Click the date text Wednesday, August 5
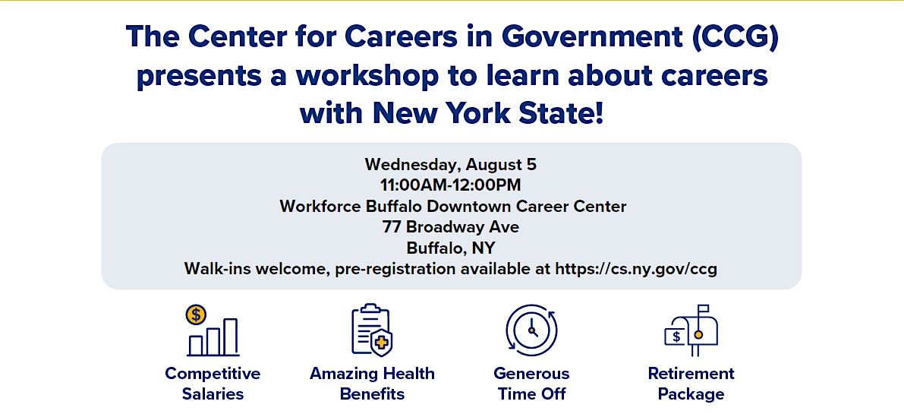(x=450, y=165)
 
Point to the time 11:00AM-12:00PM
(x=450, y=185)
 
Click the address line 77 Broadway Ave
(x=450, y=227)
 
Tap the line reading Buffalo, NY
(x=450, y=248)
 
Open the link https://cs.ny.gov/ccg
(x=636, y=269)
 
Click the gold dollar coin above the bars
(x=196, y=314)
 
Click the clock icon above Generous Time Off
(x=531, y=330)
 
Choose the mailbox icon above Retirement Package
(x=691, y=330)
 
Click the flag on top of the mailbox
(x=703, y=311)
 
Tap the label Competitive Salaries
(x=213, y=384)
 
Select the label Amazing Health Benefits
(x=372, y=384)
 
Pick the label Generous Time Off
(x=531, y=384)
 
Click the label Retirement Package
(x=691, y=384)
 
